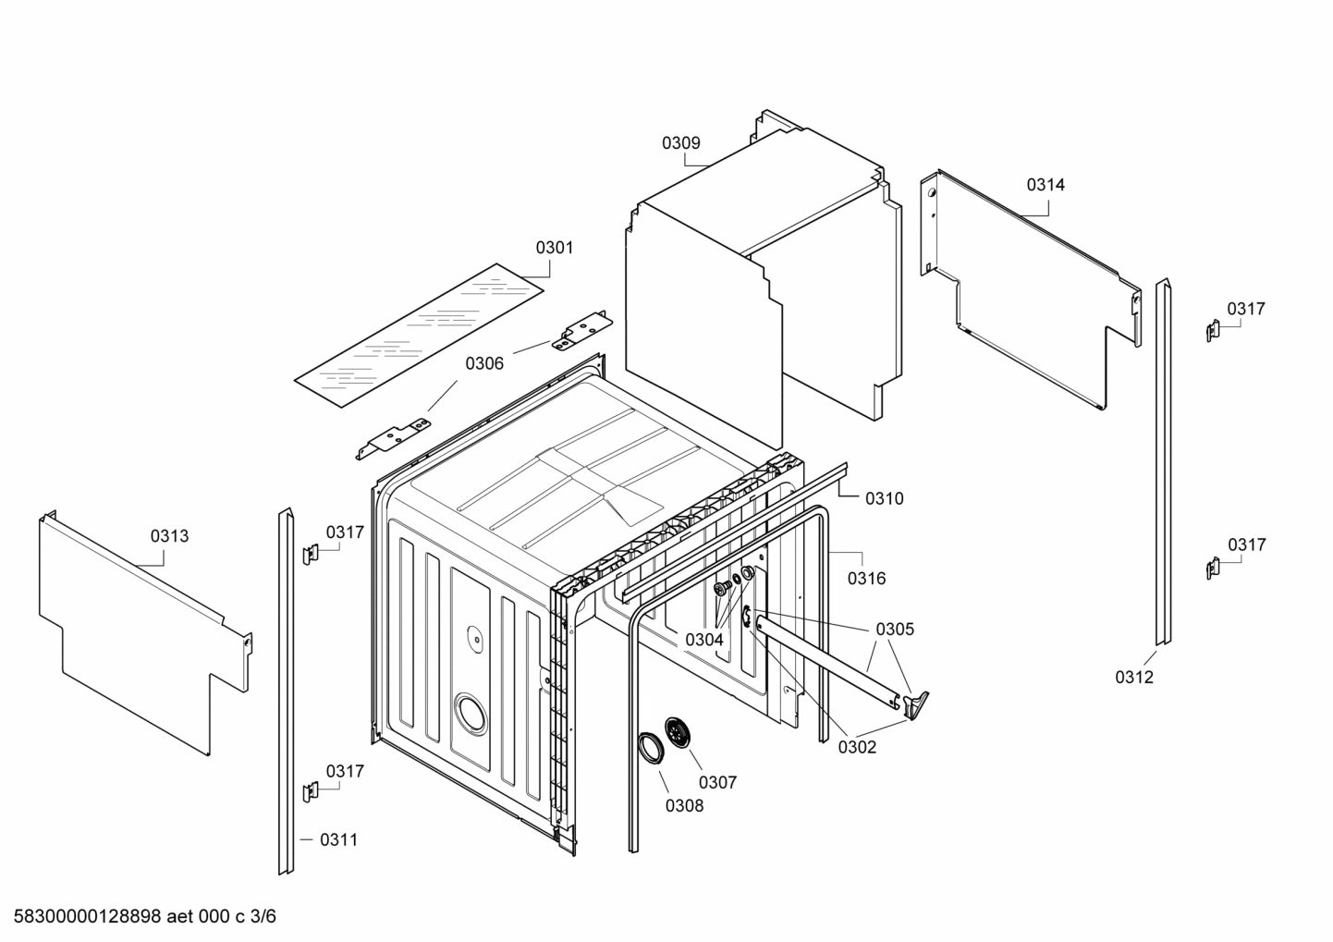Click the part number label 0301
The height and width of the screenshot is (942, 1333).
pos(555,248)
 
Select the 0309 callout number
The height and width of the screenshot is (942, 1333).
pos(680,143)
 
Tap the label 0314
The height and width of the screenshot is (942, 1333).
pos(1046,185)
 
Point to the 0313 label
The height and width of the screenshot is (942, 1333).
pos(169,536)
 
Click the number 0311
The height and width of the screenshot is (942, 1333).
pos(338,840)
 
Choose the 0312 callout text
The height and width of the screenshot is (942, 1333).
pos(1134,678)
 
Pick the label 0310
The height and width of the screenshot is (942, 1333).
pos(885,499)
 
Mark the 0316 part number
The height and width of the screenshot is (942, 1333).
pos(866,579)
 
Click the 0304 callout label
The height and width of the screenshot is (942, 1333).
pos(704,640)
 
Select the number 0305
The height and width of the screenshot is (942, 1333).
pos(895,630)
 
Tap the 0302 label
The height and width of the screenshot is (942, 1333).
pos(857,748)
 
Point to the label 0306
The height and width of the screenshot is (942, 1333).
pos(484,364)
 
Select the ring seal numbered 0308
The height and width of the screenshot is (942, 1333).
pos(651,748)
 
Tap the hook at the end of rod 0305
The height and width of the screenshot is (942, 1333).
pos(916,704)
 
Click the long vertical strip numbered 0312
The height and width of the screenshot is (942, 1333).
pos(1162,462)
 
